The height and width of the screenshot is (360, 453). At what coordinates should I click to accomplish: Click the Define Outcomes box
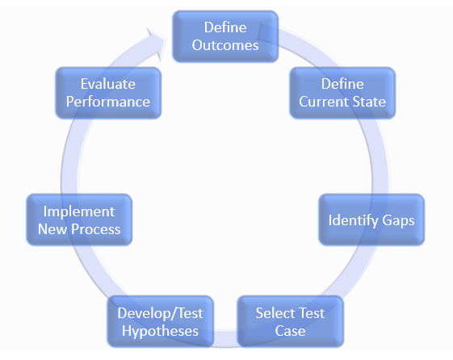[225, 36]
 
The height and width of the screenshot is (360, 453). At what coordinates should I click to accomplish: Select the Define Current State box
[342, 93]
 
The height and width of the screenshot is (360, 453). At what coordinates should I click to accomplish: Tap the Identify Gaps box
[371, 220]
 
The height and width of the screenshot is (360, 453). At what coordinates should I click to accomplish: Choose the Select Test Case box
[291, 321]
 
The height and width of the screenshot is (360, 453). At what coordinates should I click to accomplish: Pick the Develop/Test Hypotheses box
[161, 321]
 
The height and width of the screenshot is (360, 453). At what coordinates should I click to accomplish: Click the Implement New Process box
[79, 220]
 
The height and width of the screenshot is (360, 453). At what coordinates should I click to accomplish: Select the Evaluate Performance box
[108, 93]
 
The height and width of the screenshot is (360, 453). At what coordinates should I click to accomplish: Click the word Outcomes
[225, 45]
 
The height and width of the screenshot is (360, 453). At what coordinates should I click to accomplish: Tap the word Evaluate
[107, 84]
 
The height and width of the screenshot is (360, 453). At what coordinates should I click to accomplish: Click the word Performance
[108, 102]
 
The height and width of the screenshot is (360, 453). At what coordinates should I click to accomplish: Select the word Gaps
[398, 221]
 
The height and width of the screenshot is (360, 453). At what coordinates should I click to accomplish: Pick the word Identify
[354, 220]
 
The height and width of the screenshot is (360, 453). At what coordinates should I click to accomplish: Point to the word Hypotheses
[160, 332]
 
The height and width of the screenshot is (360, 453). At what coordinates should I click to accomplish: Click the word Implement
[79, 212]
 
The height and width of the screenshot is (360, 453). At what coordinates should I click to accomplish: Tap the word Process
[95, 229]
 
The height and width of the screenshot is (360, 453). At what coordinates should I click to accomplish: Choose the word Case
[290, 331]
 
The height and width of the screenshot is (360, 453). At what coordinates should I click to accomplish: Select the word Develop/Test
[160, 313]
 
